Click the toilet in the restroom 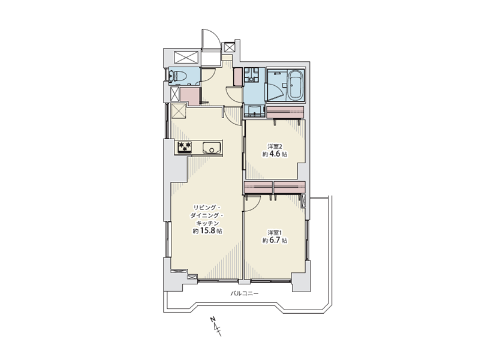(178, 76)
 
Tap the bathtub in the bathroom (295, 85)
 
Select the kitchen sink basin (211, 148)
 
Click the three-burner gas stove (185, 147)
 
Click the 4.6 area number (275, 154)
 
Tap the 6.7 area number (275, 241)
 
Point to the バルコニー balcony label (245, 293)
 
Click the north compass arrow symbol (216, 326)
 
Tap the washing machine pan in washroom (251, 74)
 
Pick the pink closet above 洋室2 (285, 112)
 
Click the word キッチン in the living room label (207, 223)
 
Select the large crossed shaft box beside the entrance (186, 57)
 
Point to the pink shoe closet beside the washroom (237, 77)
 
